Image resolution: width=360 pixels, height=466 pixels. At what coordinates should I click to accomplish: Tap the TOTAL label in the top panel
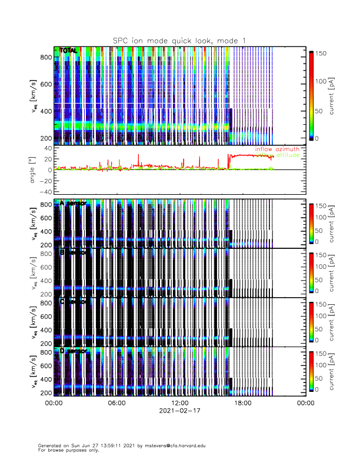69,51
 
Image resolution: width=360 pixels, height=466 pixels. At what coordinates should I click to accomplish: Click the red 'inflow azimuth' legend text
277,149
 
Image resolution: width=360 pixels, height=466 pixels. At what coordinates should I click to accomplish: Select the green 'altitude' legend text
287,155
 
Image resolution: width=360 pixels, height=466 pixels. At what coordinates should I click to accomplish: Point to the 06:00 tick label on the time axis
116,403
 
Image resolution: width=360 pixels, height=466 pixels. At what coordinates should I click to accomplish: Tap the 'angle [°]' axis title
33,170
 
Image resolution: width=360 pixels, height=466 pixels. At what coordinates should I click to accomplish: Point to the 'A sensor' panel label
73,203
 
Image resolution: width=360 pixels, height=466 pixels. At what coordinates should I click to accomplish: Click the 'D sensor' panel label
73,351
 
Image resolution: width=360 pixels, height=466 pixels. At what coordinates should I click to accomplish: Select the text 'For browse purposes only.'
65,450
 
